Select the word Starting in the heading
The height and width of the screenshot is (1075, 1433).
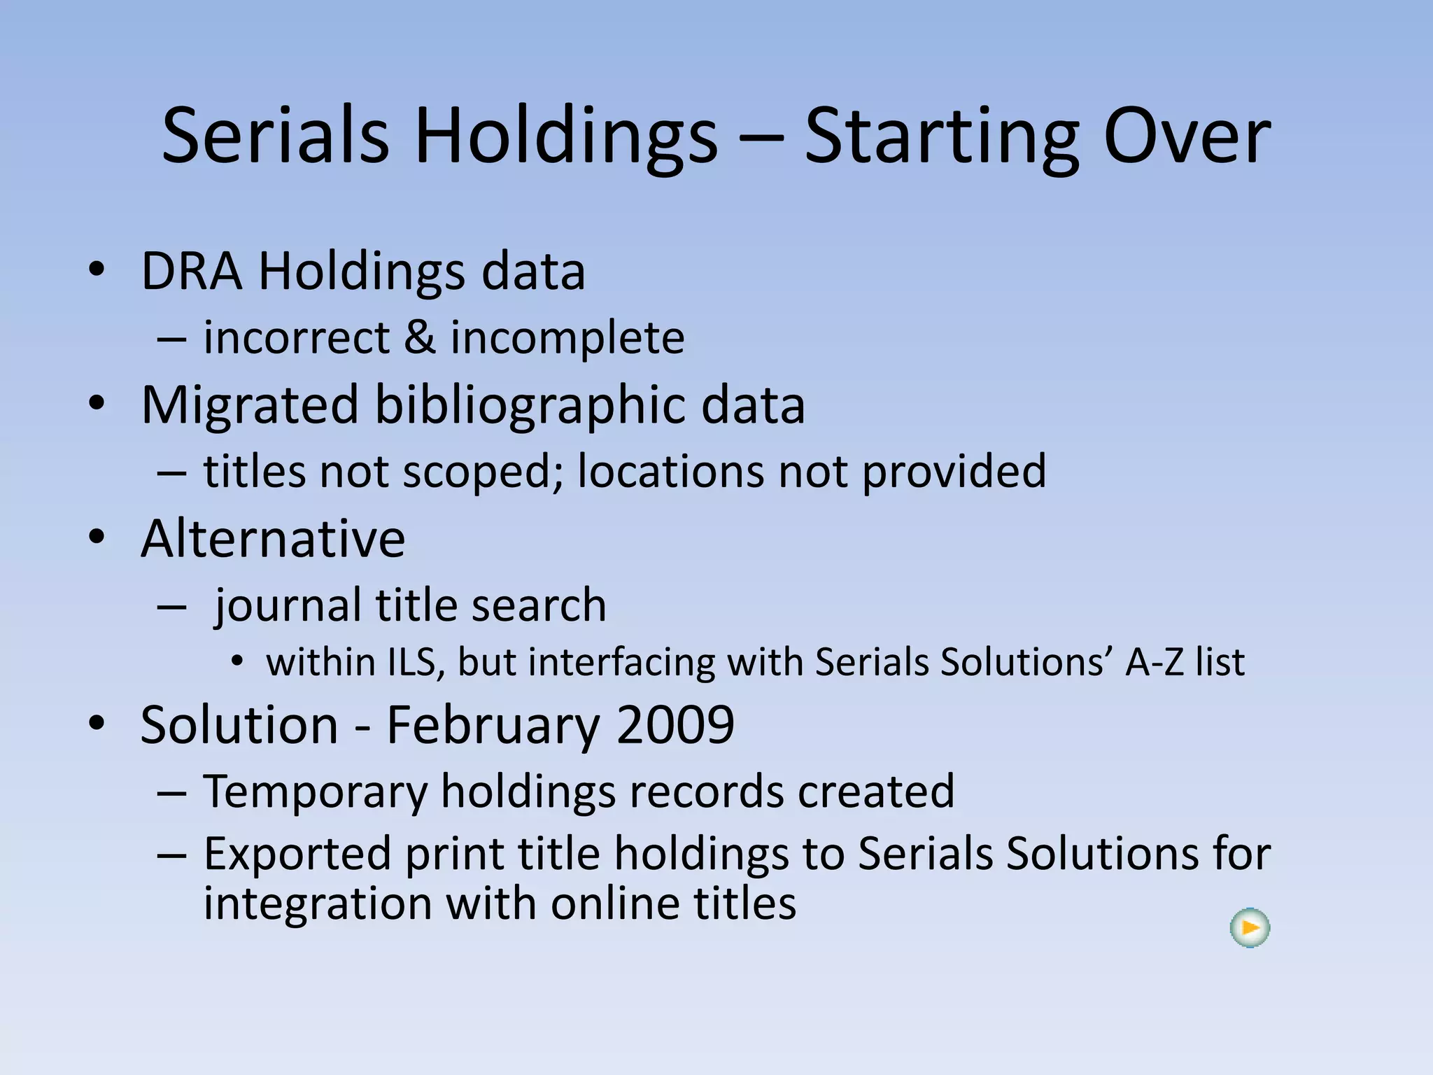(x=942, y=136)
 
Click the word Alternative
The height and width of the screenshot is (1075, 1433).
(x=273, y=539)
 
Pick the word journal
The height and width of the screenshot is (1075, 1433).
(x=288, y=606)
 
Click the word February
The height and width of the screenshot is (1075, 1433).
(x=493, y=726)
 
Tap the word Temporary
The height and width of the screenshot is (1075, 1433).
(x=315, y=792)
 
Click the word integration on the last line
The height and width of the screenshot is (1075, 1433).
(x=317, y=904)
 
